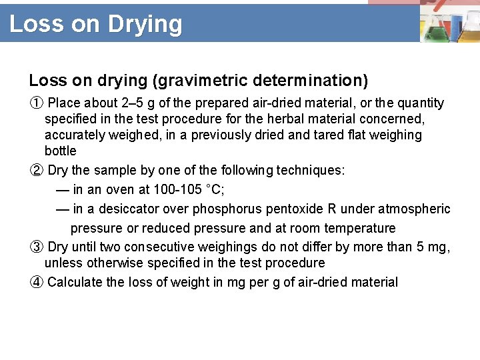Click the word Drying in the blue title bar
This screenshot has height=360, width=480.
point(145,24)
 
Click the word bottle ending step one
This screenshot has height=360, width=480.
point(60,151)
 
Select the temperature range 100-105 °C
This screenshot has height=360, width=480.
point(189,190)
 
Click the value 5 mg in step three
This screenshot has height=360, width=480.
point(432,247)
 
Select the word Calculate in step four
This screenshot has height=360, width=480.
point(75,282)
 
